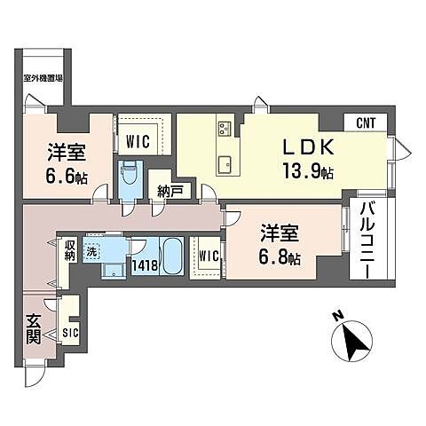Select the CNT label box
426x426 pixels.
click(366, 123)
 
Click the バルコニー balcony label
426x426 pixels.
click(366, 241)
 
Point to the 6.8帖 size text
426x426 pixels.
click(280, 259)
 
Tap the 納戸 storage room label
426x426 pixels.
click(170, 190)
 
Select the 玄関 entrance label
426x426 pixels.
click(33, 329)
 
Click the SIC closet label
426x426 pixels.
click(69, 335)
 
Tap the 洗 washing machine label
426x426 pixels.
click(91, 249)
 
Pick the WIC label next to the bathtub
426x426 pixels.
click(209, 257)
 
